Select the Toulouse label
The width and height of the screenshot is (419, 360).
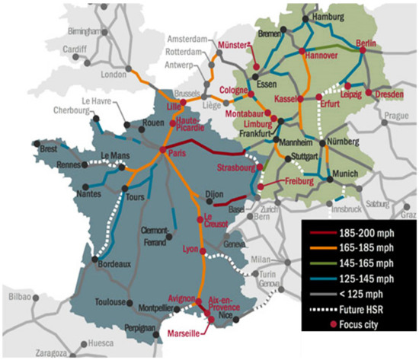[107, 301]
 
